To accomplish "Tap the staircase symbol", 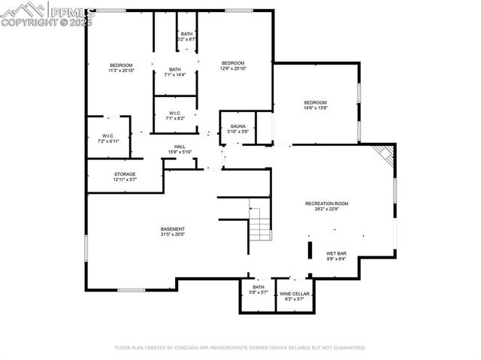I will (x=259, y=223).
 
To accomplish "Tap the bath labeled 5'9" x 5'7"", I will (x=259, y=289).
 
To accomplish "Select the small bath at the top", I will (x=186, y=36).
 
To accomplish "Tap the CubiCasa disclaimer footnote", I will (x=240, y=348).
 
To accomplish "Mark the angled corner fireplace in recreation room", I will (x=386, y=156).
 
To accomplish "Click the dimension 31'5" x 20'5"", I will (x=172, y=234).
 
